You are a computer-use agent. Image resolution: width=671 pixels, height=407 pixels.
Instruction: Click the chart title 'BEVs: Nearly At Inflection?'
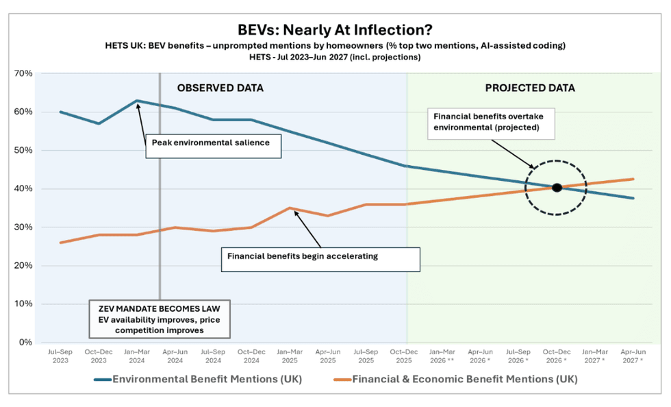[335, 30]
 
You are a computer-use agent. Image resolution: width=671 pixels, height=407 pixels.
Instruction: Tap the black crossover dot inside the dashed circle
[557, 188]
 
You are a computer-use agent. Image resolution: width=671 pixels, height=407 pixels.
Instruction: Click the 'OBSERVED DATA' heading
[220, 88]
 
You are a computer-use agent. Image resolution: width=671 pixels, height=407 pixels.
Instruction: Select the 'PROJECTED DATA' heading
[530, 88]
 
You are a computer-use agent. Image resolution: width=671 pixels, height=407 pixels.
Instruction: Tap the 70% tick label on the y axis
[23, 73]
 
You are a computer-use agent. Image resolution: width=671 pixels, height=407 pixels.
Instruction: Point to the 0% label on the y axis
[25, 342]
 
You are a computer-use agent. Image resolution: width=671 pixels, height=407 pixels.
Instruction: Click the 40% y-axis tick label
[23, 188]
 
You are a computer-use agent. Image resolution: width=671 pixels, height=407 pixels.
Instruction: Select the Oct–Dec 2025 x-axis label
[404, 356]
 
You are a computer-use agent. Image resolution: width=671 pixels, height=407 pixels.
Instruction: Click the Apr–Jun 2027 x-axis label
[633, 356]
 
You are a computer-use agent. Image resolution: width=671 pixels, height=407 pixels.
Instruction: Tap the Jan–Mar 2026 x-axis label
[442, 356]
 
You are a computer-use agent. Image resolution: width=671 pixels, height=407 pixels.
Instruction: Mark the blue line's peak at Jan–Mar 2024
[137, 101]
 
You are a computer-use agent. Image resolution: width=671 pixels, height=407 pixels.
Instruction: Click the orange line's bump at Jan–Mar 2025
[290, 208]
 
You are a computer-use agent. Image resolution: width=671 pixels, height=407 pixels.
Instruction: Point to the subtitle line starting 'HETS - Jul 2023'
[335, 57]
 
